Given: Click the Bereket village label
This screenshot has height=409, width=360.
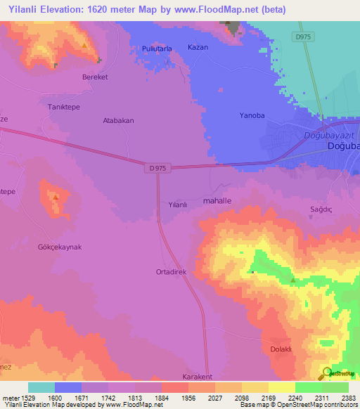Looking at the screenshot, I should (95, 77).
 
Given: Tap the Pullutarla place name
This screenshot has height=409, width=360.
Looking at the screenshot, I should (156, 48).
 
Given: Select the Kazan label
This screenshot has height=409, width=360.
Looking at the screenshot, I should (198, 47).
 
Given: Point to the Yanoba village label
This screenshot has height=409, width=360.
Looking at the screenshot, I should (251, 116).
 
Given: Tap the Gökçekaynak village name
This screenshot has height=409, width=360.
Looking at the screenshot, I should (60, 247).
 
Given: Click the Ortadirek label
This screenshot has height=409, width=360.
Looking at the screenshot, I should (170, 271).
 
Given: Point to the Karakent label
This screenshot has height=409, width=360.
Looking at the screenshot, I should (197, 377).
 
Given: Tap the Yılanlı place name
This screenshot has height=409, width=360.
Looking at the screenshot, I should (178, 204).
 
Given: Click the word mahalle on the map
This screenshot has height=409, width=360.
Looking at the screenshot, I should (217, 201).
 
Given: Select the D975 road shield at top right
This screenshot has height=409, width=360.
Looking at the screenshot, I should (303, 37).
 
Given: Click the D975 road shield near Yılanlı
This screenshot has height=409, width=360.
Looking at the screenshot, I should (157, 168).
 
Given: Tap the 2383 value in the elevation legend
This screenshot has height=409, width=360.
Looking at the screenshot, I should (347, 397).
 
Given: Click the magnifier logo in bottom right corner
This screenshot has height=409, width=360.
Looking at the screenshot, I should (327, 373).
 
